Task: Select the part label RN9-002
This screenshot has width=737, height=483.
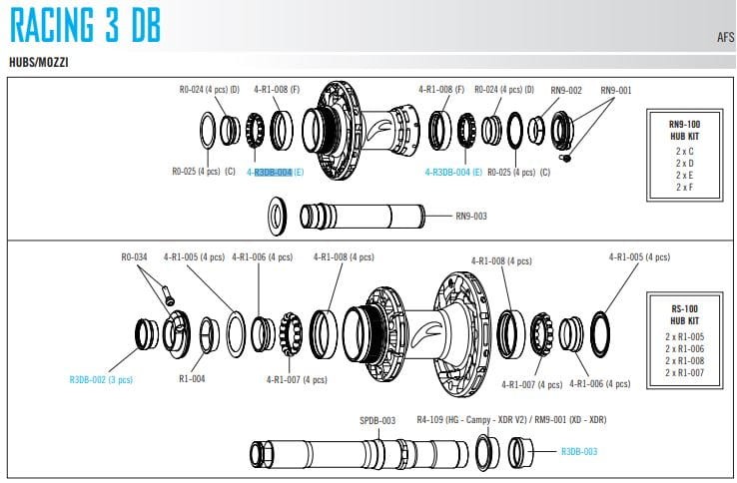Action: tap(566, 90)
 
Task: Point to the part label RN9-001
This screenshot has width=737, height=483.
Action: tap(616, 90)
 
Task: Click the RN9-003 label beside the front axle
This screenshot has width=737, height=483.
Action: tap(471, 215)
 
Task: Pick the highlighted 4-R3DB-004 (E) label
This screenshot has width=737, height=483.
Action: tap(275, 172)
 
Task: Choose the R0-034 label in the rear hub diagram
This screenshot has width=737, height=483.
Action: tap(134, 257)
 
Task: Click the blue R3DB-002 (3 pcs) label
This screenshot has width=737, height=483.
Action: tap(101, 379)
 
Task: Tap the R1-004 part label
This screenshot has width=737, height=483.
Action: tap(192, 379)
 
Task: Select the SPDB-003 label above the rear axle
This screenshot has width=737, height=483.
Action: tap(377, 420)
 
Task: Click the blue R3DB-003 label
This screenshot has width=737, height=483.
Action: tap(579, 451)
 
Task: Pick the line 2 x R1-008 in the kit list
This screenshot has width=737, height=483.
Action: tap(685, 360)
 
